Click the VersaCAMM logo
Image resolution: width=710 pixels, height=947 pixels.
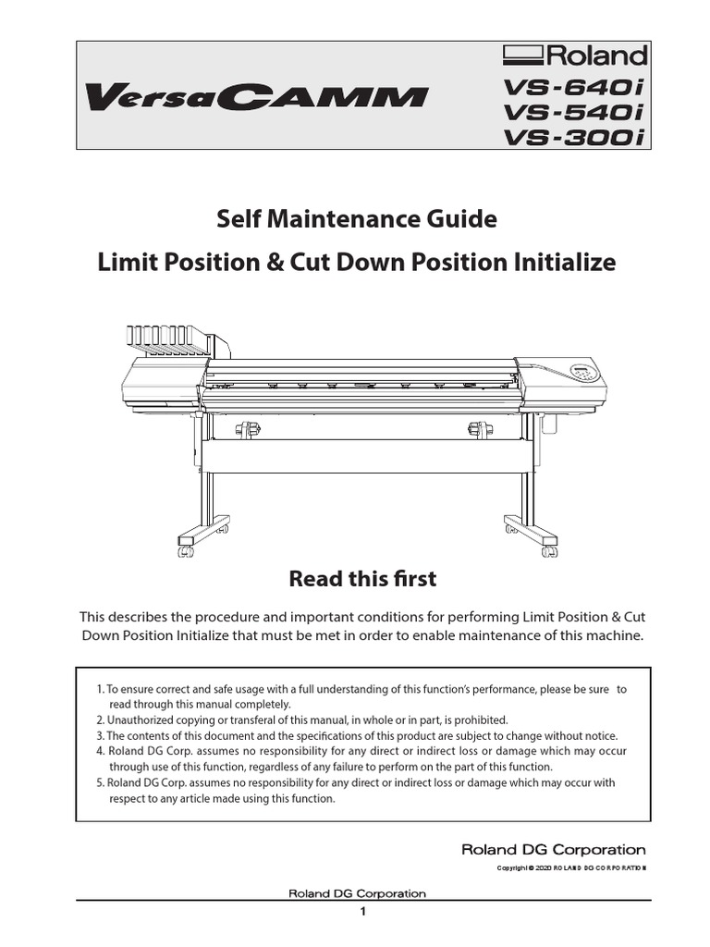coord(256,96)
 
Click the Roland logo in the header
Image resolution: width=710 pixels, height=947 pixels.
coord(574,55)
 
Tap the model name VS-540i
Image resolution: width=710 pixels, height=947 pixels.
coord(573,113)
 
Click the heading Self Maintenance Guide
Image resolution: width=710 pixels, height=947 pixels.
coord(356,220)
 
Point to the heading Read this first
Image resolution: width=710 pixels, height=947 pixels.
coord(362,579)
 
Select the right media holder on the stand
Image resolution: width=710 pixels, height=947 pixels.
coord(480,429)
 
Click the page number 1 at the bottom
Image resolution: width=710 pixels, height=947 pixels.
coord(363,913)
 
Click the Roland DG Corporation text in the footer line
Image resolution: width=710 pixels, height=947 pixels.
coord(357,893)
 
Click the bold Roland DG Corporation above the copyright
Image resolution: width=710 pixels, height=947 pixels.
coord(554,849)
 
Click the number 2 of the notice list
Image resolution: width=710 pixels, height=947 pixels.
coord(100,719)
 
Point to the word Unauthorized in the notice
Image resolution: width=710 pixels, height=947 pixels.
coord(144,719)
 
